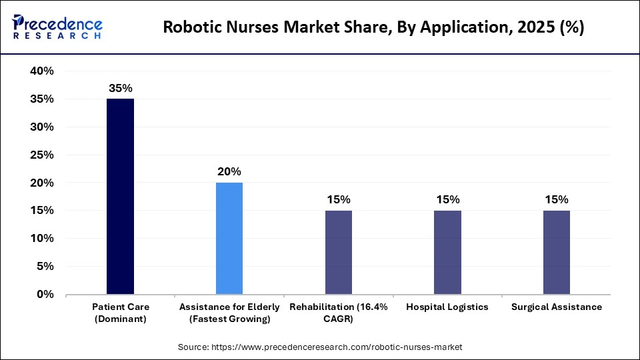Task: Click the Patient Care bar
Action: click(x=121, y=196)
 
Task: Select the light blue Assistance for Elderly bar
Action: click(x=229, y=238)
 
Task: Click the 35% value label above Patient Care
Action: click(x=121, y=87)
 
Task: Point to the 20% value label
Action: click(x=229, y=171)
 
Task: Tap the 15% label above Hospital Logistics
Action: click(x=447, y=199)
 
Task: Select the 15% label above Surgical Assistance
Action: click(x=557, y=199)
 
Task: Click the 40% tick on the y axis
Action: click(x=41, y=71)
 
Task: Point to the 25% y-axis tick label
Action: click(x=41, y=155)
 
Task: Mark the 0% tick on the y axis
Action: click(x=45, y=294)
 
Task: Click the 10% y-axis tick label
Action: click(x=41, y=238)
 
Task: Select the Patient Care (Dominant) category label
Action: click(x=121, y=313)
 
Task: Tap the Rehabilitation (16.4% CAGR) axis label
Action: click(x=339, y=313)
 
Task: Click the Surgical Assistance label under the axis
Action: click(x=557, y=307)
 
